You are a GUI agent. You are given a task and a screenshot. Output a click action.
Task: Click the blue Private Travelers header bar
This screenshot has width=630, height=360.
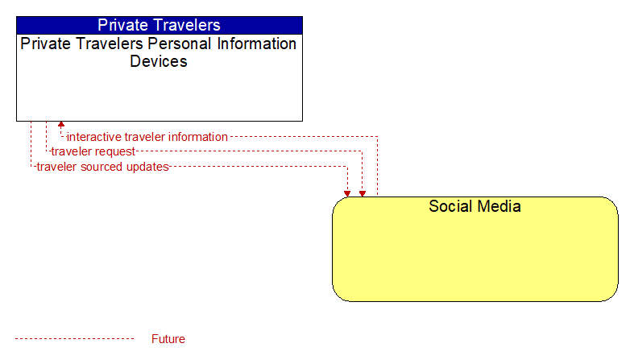(x=160, y=25)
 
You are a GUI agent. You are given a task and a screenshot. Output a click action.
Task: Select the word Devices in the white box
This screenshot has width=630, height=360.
(x=159, y=61)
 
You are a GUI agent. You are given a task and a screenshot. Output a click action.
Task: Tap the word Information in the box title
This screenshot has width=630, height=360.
(x=257, y=43)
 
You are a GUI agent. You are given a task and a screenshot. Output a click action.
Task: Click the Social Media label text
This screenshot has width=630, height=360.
(x=475, y=206)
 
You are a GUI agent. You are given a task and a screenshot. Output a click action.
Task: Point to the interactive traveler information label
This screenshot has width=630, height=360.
(x=147, y=137)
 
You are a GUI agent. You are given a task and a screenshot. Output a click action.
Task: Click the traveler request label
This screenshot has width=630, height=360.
(x=93, y=151)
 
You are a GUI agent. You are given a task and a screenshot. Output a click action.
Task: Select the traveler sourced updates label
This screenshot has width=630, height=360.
(x=102, y=167)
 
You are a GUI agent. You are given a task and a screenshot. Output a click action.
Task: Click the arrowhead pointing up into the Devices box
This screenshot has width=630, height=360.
(x=61, y=125)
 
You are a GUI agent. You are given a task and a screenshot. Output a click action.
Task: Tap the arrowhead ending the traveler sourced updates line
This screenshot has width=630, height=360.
(x=347, y=193)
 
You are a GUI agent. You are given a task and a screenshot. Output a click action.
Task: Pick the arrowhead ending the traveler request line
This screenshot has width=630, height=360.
(x=363, y=193)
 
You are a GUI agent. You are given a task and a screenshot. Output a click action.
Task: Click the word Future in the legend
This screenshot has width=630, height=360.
(x=168, y=339)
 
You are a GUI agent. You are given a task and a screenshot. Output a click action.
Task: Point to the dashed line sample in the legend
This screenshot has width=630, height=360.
(x=74, y=339)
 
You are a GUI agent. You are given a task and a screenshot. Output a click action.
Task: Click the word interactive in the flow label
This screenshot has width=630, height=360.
(x=94, y=137)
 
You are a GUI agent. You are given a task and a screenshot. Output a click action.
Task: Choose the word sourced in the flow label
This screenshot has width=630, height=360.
(x=102, y=167)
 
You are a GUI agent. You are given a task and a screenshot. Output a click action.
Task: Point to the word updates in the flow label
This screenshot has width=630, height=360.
(x=147, y=167)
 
